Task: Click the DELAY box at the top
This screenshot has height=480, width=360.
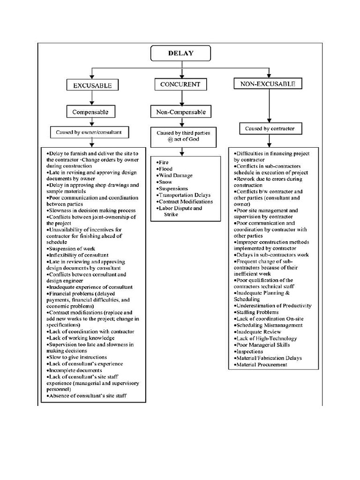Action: click(x=180, y=53)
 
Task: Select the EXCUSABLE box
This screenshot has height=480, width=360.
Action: click(x=92, y=85)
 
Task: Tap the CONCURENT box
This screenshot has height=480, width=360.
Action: click(x=180, y=84)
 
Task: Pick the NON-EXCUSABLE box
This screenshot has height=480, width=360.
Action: click(x=268, y=84)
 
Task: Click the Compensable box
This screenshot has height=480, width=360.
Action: click(x=90, y=112)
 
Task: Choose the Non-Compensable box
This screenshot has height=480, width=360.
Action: click(x=180, y=112)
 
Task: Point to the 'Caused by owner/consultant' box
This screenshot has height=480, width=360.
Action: click(x=89, y=133)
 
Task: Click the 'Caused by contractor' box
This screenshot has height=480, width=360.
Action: click(x=267, y=128)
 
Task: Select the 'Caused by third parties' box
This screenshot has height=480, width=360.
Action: click(x=180, y=136)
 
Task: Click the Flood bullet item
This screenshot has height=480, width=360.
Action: click(x=165, y=169)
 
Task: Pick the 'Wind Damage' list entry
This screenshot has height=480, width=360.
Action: click(x=175, y=175)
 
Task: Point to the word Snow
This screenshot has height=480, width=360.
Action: click(x=165, y=182)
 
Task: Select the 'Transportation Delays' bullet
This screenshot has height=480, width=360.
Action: click(x=184, y=195)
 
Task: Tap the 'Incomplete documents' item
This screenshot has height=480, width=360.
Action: click(x=75, y=370)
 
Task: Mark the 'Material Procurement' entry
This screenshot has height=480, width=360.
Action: click(x=262, y=365)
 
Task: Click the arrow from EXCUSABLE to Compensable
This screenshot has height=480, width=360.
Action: click(x=92, y=98)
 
